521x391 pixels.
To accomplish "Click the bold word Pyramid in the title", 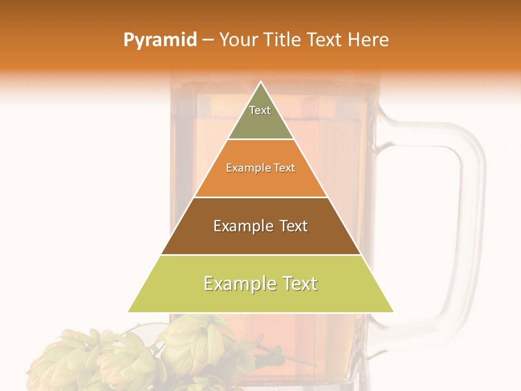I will point(160,40).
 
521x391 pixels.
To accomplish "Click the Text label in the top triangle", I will point(260,110).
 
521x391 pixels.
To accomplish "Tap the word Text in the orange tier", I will point(285,168).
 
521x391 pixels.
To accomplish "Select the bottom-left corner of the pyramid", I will point(129,312).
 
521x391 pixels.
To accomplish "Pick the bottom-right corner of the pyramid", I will point(393,312).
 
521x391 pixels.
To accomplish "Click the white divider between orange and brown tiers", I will point(261,197).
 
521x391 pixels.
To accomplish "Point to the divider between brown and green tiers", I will point(261,255).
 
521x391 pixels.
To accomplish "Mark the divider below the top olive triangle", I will point(261,140).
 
